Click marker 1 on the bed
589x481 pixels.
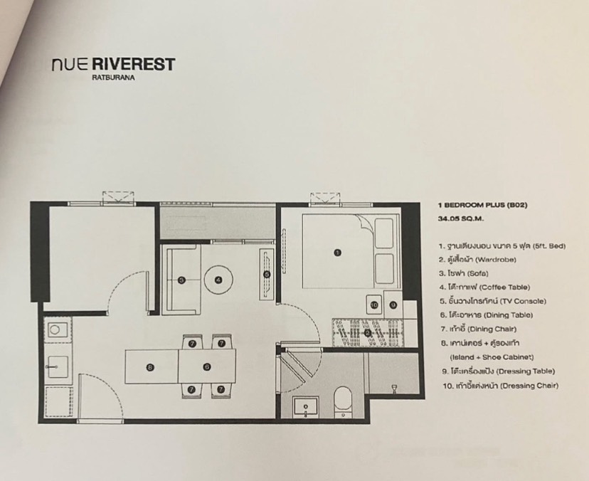(x=337, y=252)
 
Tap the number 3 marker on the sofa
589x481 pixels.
(x=181, y=280)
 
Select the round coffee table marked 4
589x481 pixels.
(x=218, y=280)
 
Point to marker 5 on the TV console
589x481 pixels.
(x=267, y=274)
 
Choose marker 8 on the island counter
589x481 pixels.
(x=367, y=332)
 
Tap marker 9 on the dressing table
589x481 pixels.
(x=393, y=305)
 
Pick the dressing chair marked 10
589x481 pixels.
(x=375, y=305)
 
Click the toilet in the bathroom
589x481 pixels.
(x=342, y=402)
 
